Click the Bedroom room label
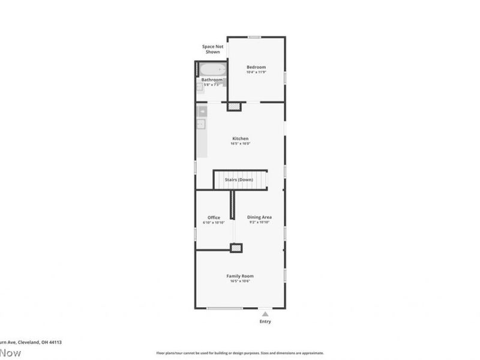(x=256, y=67)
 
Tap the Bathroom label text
(x=212, y=80)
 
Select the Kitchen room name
(x=240, y=139)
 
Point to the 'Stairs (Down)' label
(x=239, y=180)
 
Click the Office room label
(x=214, y=218)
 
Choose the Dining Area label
(x=260, y=217)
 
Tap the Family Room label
(x=240, y=276)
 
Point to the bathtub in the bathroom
(x=212, y=70)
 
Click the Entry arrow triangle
(x=265, y=313)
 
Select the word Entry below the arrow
(x=265, y=322)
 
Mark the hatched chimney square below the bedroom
(x=234, y=107)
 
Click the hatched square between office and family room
(x=237, y=247)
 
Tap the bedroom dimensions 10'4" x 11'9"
(x=256, y=73)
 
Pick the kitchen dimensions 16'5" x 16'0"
(x=240, y=144)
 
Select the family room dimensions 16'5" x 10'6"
(x=240, y=281)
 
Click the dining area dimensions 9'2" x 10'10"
(x=260, y=223)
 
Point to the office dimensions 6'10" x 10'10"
(x=214, y=223)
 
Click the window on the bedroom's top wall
(x=255, y=37)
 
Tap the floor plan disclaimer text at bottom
(x=240, y=353)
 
